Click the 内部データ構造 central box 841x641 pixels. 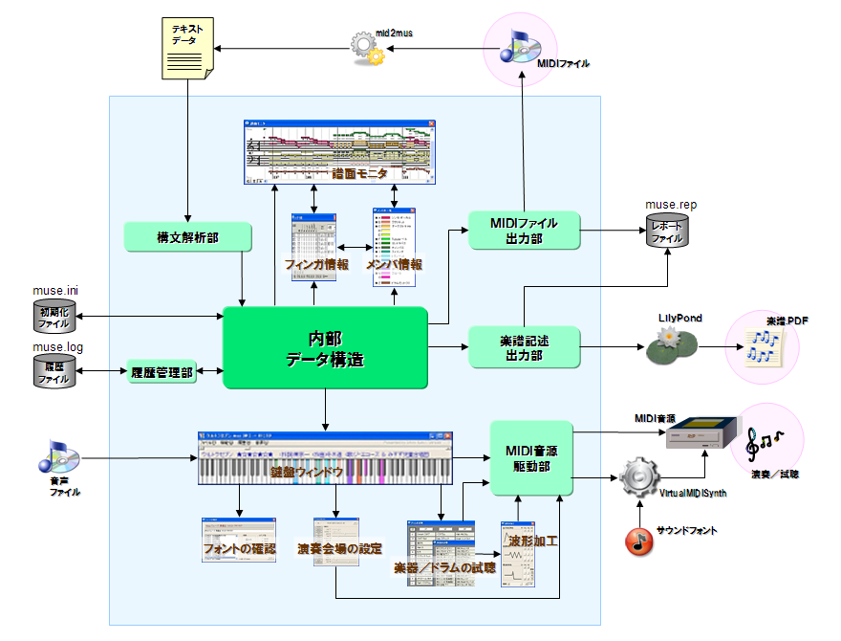click(324, 347)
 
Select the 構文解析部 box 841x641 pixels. click(187, 237)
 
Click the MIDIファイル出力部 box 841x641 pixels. click(523, 231)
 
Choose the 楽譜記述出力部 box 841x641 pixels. click(524, 347)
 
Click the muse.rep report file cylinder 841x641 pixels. click(666, 231)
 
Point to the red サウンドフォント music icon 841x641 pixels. click(639, 542)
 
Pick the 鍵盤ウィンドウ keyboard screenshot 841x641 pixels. click(324, 457)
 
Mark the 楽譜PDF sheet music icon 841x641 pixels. click(764, 347)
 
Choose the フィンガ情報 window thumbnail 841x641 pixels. click(314, 246)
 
